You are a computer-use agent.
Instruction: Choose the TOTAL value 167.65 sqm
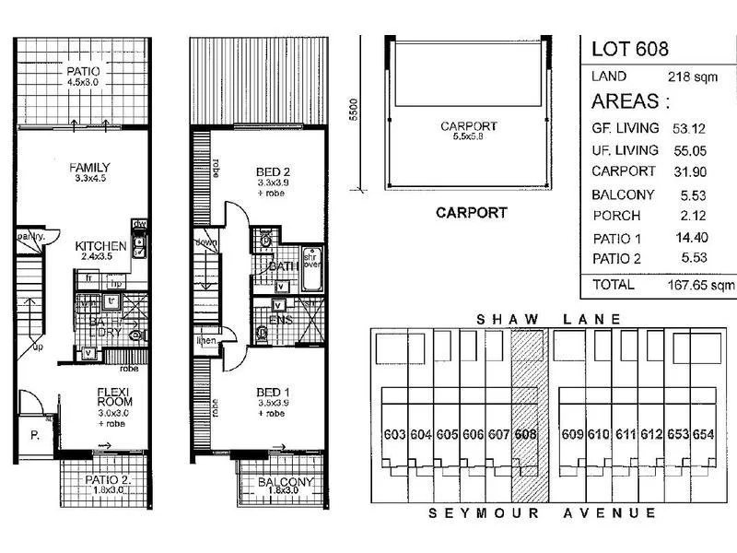pos(701,286)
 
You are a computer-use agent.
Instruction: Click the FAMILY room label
pos(89,167)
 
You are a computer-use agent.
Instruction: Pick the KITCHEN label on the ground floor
pos(100,245)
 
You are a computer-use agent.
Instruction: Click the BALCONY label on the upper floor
pos(286,482)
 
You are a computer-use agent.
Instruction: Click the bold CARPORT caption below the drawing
pos(471,213)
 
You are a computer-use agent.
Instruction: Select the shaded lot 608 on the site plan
pos(527,433)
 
